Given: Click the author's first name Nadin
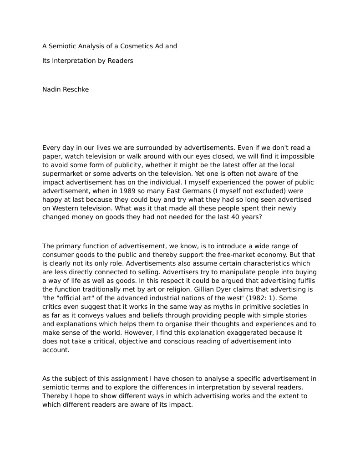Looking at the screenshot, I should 51,89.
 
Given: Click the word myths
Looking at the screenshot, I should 203,307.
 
